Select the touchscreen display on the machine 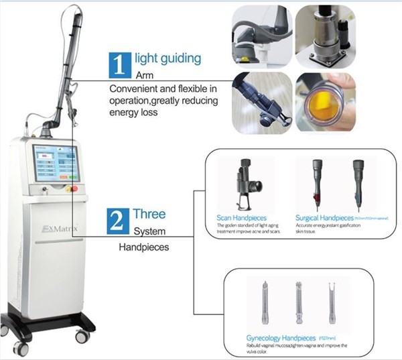56,163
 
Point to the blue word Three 149,215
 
